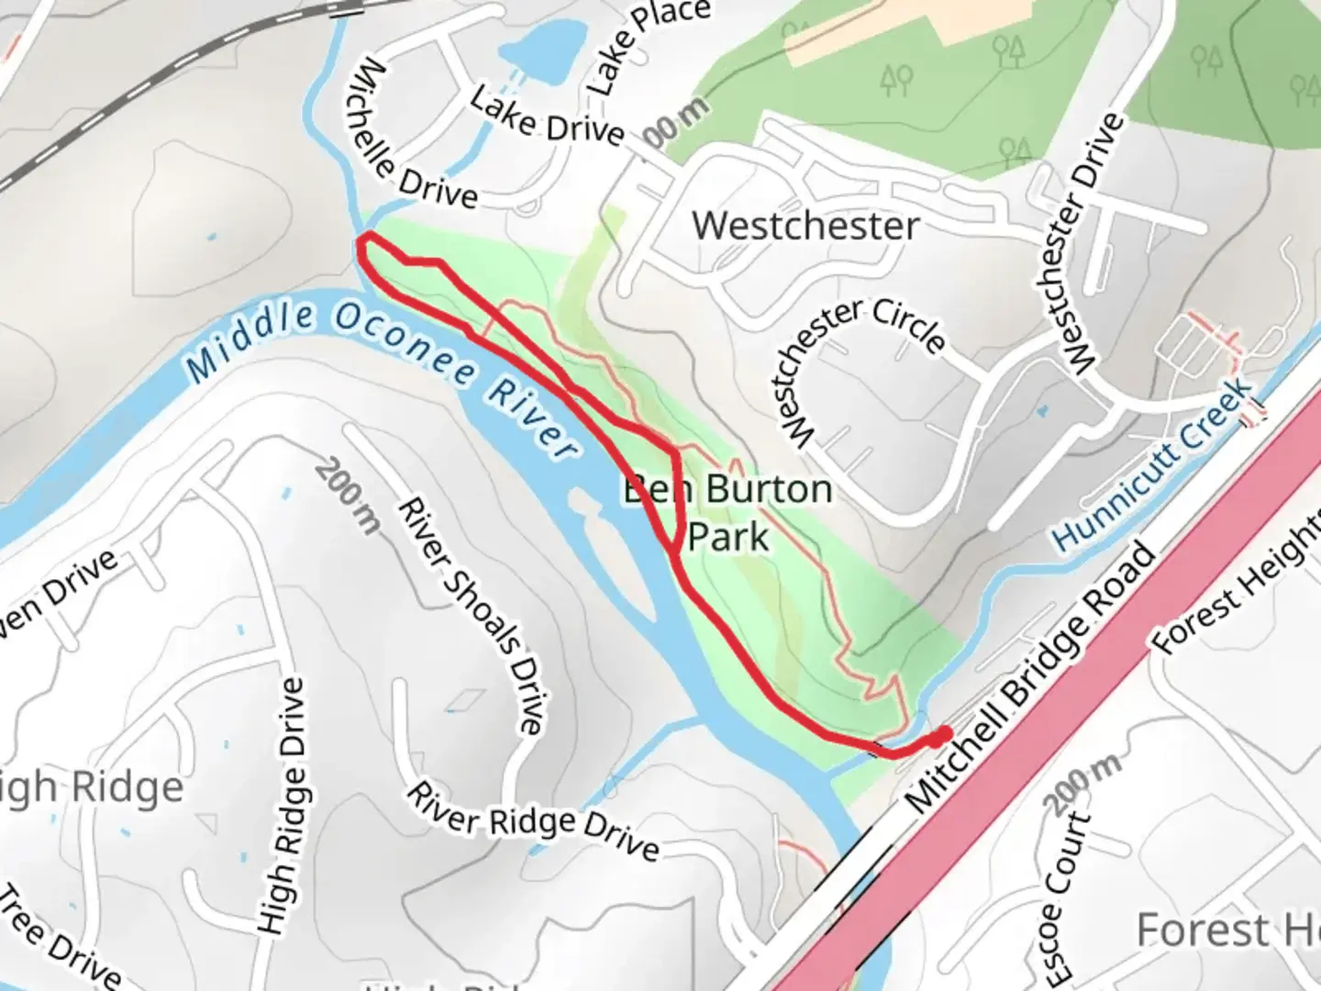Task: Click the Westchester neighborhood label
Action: [x=805, y=226]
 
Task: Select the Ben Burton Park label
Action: [x=727, y=512]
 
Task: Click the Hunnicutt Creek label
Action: [x=1154, y=465]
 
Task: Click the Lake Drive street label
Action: [x=548, y=118]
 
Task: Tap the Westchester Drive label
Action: [x=1093, y=243]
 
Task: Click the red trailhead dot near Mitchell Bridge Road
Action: [x=940, y=736]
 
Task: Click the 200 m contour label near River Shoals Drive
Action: [x=347, y=495]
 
